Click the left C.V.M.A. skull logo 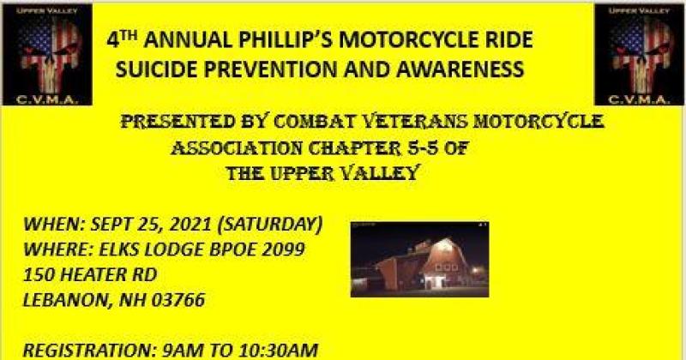click(44, 53)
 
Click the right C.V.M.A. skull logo click(639, 53)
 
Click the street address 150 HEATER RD click(90, 275)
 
